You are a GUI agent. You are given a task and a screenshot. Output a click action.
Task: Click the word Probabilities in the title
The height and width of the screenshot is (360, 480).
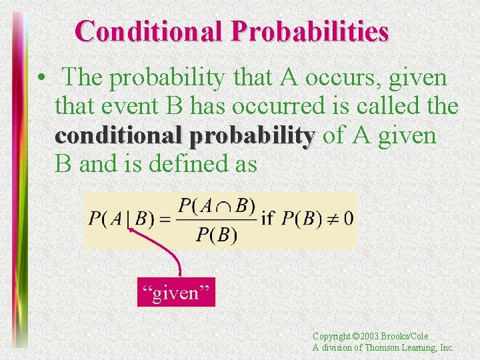tap(311, 31)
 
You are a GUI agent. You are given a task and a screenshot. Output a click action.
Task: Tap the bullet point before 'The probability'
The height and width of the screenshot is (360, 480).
tap(41, 79)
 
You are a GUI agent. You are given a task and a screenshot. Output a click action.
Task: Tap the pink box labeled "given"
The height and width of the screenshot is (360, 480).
tap(176, 293)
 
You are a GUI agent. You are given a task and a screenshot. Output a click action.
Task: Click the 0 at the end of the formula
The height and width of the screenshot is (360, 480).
tap(349, 219)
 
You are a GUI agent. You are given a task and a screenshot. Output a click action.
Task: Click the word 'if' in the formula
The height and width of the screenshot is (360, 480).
tap(268, 219)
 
